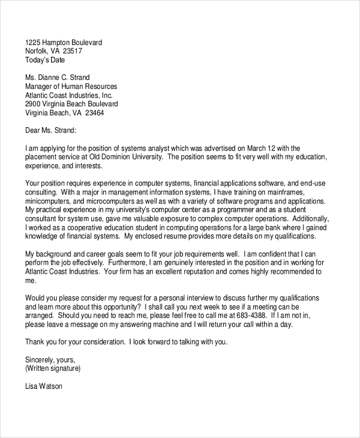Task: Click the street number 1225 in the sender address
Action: tap(33, 43)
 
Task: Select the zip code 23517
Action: tap(72, 52)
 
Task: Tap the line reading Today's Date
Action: tap(45, 60)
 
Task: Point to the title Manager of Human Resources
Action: tap(71, 86)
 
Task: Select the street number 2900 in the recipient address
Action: tap(33, 104)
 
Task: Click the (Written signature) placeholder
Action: tap(53, 368)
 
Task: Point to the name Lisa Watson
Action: tap(44, 386)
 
